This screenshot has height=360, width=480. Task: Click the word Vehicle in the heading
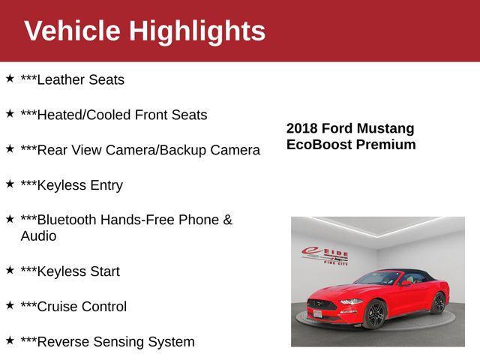pyautogui.click(x=72, y=31)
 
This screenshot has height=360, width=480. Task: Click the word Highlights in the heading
pyautogui.click(x=196, y=31)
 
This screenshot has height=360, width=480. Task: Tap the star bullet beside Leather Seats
pyautogui.click(x=10, y=78)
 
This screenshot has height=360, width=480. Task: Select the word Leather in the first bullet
pyautogui.click(x=61, y=79)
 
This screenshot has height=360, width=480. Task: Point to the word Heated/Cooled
pyautogui.click(x=84, y=115)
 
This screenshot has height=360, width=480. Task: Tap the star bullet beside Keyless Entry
pyautogui.click(x=10, y=183)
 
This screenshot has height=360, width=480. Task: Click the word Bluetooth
pyautogui.click(x=66, y=220)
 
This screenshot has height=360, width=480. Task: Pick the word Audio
pyautogui.click(x=38, y=236)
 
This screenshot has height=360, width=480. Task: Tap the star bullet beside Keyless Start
pyautogui.click(x=10, y=269)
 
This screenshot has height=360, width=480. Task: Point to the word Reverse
pyautogui.click(x=62, y=342)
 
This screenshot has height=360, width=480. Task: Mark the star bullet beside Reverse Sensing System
pyautogui.click(x=10, y=340)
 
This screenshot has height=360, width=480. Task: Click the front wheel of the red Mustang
pyautogui.click(x=375, y=314)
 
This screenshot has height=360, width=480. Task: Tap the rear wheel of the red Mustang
pyautogui.click(x=439, y=302)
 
